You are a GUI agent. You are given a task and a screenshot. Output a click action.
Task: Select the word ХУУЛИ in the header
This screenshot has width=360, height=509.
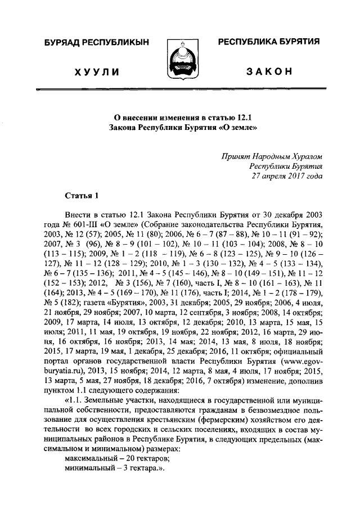pos(96,72)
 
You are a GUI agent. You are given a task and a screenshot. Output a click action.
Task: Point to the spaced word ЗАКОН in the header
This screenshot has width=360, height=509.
pos(269,72)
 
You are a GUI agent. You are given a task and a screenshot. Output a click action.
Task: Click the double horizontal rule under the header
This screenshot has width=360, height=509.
pos(180,89)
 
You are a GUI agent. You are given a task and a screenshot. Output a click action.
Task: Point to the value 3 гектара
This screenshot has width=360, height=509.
pos(134,469)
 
